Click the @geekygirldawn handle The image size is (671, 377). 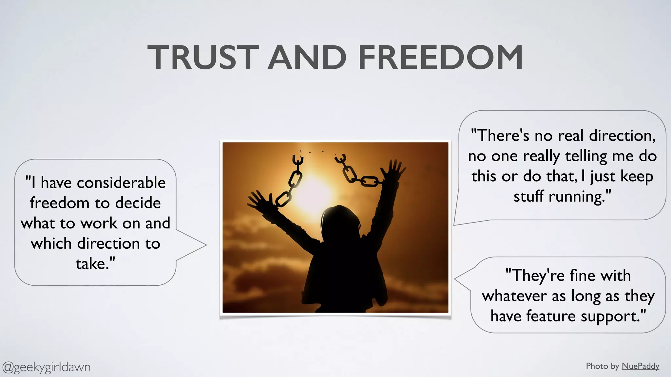click(47, 367)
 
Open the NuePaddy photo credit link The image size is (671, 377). click(640, 366)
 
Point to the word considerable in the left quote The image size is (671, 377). click(121, 183)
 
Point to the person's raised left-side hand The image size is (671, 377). click(259, 200)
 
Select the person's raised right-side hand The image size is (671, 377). click(393, 170)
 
